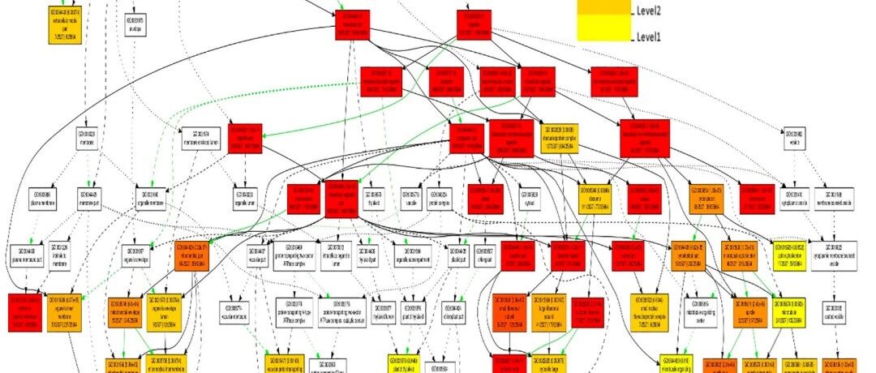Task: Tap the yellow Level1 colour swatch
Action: coord(604,31)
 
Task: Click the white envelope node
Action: coord(135,25)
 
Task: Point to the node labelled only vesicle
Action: coord(795,137)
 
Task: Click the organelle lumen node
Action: coord(244,197)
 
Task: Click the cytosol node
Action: coord(530,197)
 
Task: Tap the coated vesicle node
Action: coord(835,310)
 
